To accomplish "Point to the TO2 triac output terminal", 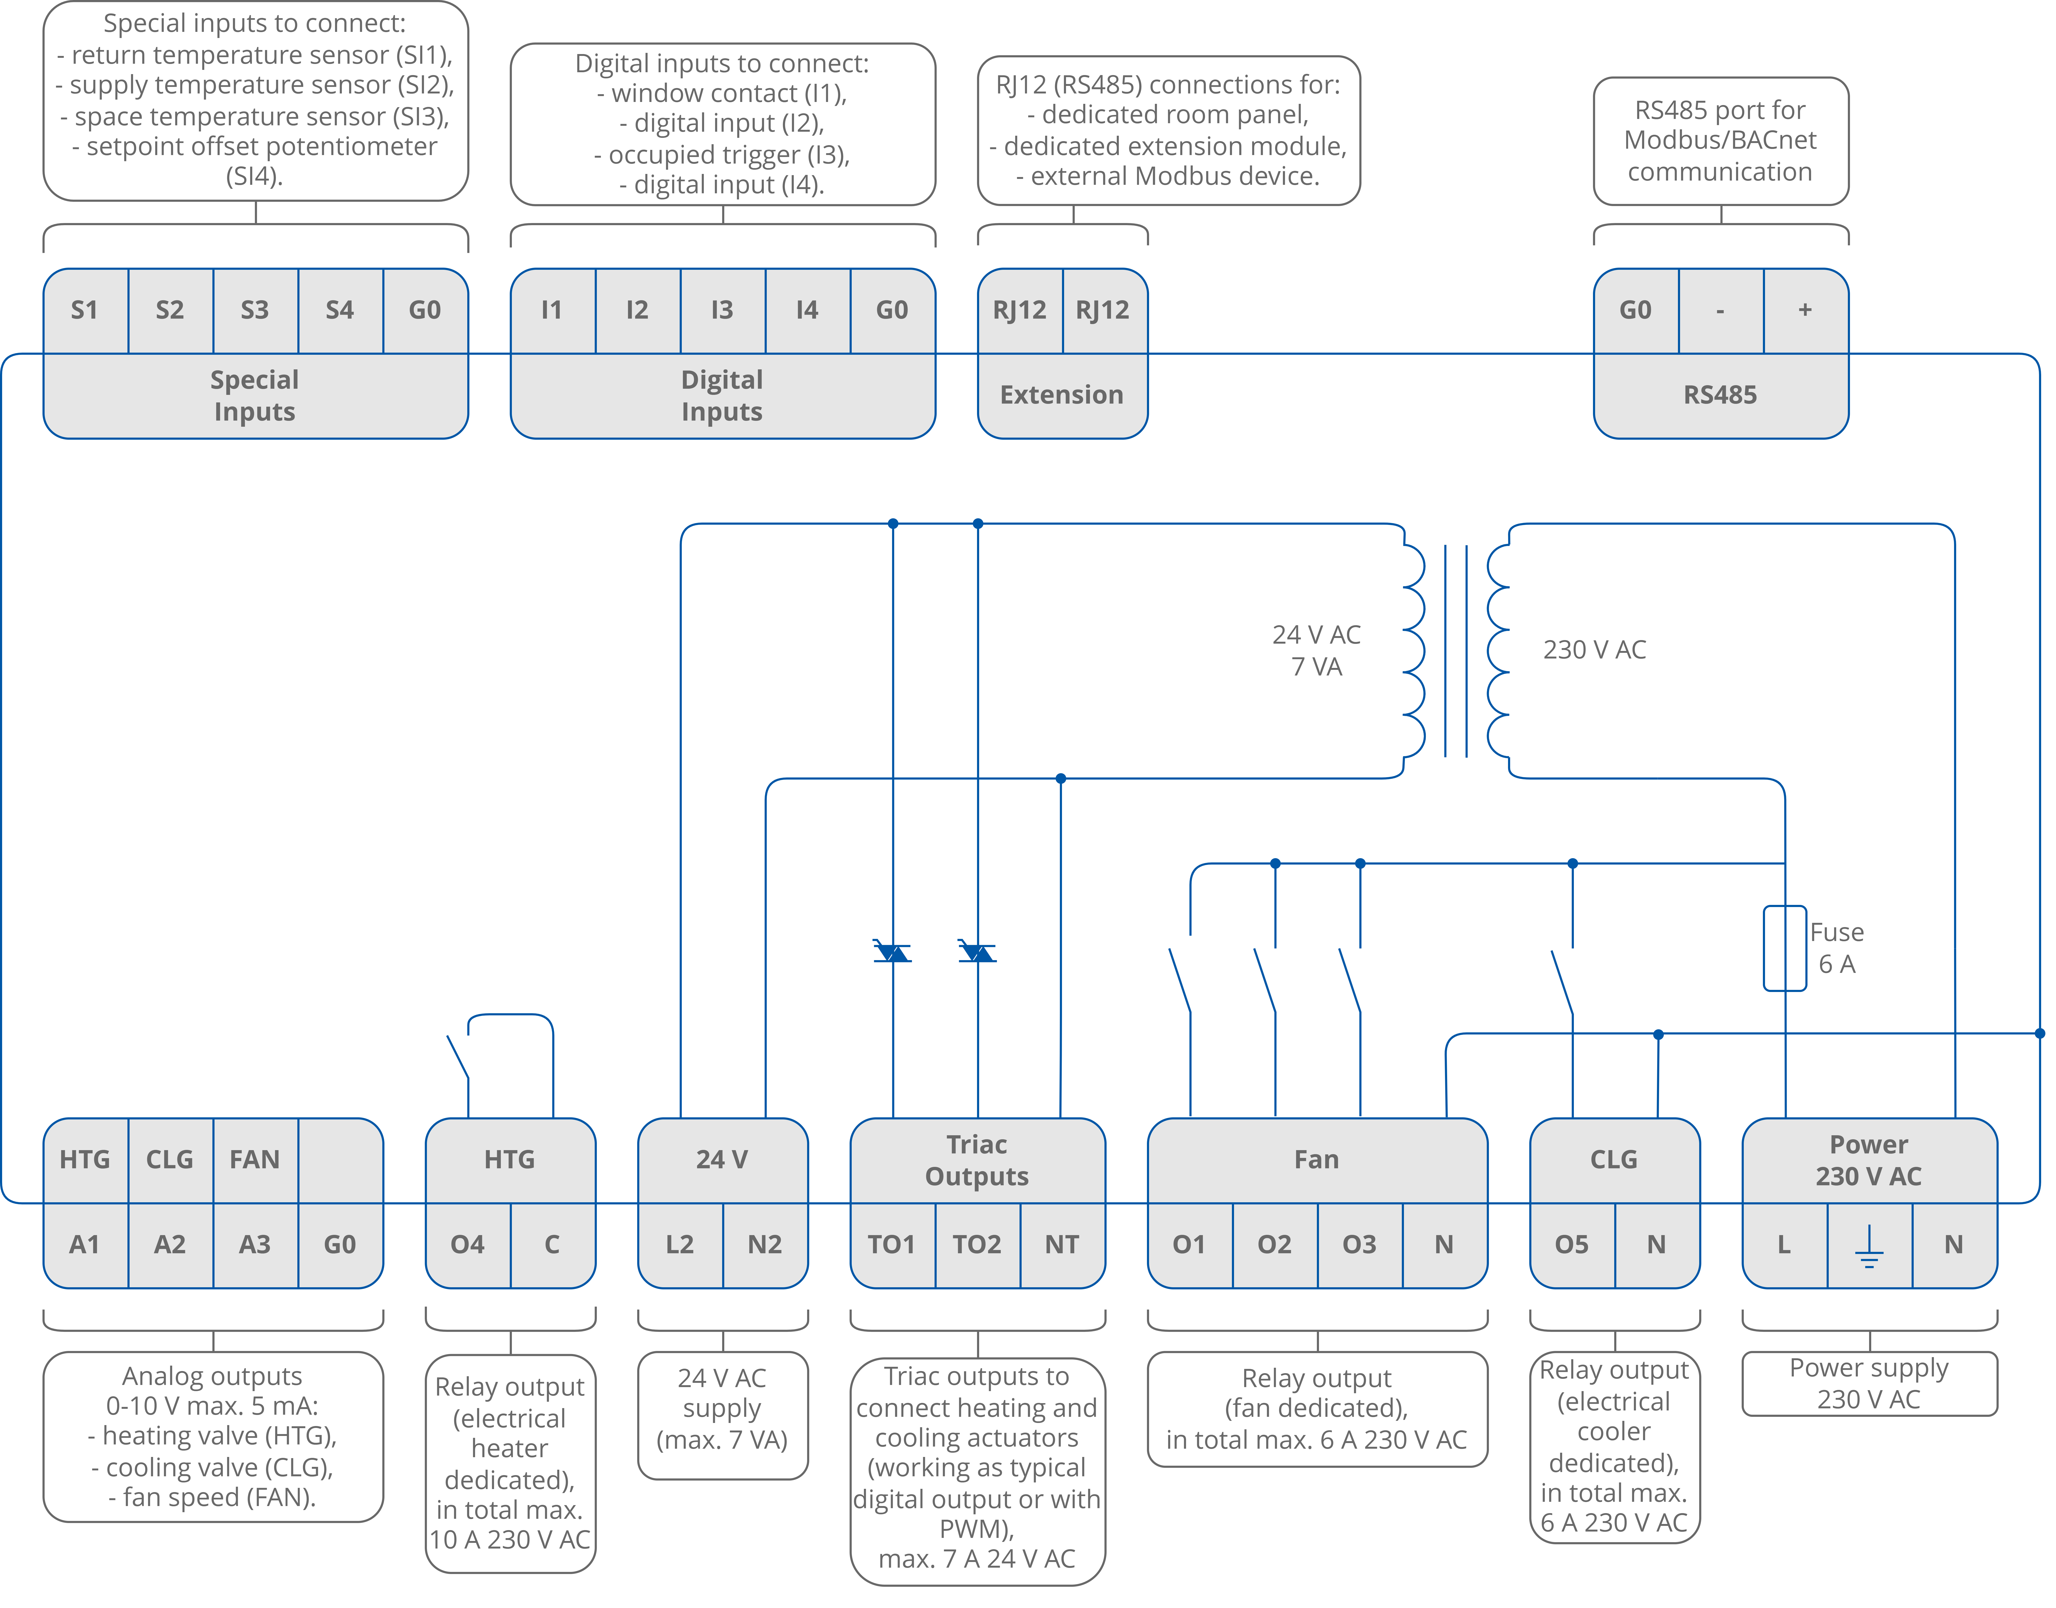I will coord(977,1245).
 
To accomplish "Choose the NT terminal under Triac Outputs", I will coord(1062,1245).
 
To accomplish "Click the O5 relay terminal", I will coord(1571,1245).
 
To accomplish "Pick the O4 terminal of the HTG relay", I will coord(468,1245).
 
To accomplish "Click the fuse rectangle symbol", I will coord(1785,948).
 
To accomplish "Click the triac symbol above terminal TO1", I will coord(893,952).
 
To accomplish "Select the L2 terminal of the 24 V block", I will coord(680,1245).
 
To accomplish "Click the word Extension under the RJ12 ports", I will coord(1062,394).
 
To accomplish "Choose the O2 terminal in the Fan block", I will coord(1275,1245).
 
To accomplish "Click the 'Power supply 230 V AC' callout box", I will coord(1869,1383).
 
